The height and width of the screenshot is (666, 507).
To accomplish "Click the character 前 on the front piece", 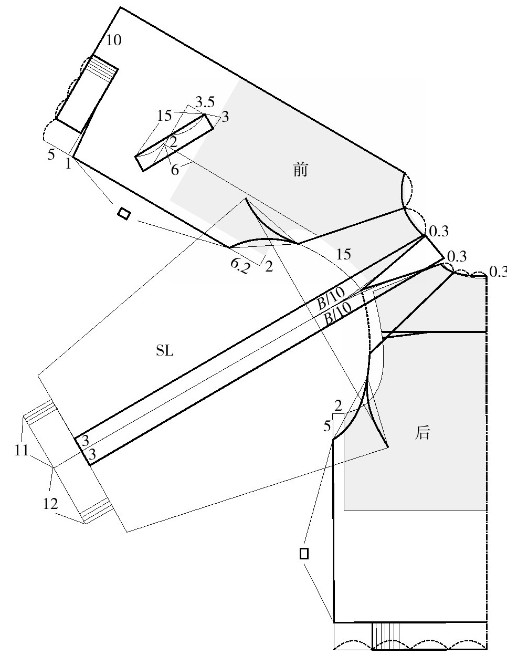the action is point(300,170).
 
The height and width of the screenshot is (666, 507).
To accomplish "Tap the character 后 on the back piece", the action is point(422,433).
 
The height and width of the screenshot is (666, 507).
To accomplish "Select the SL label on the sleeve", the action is point(165,351).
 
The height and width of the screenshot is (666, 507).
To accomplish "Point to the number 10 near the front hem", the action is point(114,40).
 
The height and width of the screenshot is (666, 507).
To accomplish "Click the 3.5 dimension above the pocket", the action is point(205,102).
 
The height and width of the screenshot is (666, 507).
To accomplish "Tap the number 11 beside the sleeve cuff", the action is point(22,450).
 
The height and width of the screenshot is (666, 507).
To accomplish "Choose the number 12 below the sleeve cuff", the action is point(50,504).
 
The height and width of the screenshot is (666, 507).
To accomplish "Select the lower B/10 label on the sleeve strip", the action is point(338,313).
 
